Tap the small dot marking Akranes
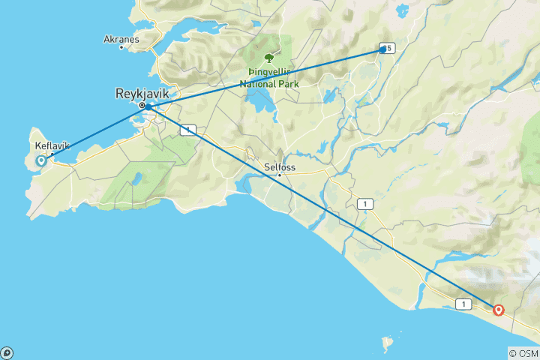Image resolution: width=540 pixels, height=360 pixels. [x=121, y=47]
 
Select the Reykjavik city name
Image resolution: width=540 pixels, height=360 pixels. [x=142, y=94]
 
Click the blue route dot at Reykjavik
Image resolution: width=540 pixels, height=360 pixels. [x=148, y=107]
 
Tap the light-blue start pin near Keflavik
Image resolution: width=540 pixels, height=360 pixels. [x=42, y=160]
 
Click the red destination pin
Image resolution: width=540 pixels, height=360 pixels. [x=498, y=310]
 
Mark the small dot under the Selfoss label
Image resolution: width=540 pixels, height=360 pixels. [x=280, y=175]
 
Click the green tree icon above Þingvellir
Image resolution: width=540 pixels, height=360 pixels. [x=268, y=56]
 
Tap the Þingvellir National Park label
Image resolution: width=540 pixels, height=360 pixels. [x=268, y=78]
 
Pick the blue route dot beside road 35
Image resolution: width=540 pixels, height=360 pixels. [x=382, y=49]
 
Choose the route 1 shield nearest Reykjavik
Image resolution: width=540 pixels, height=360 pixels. [x=187, y=130]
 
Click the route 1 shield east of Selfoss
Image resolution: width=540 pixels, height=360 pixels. [x=364, y=203]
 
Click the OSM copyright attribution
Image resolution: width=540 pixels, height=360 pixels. [x=523, y=352]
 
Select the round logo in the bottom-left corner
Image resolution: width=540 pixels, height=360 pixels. [x=7, y=352]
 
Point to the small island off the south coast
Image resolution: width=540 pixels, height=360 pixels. [x=387, y=344]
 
